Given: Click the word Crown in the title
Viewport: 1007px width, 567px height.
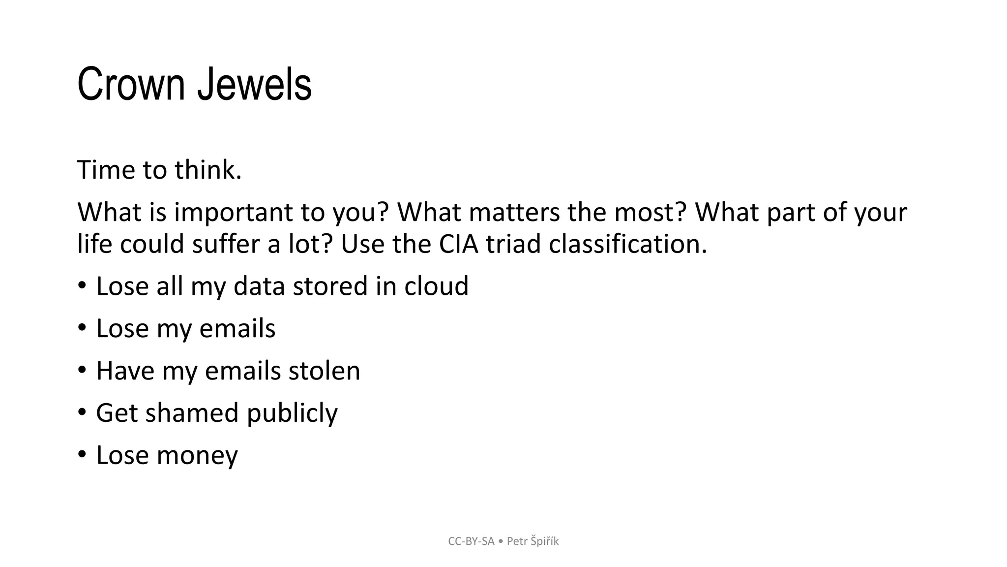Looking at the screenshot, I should (131, 85).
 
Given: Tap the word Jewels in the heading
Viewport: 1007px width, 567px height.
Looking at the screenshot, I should (254, 85).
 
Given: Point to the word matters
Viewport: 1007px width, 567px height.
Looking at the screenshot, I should (514, 213).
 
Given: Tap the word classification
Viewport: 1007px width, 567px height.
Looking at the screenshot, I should (628, 244).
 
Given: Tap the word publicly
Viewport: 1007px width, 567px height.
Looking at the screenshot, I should (292, 414).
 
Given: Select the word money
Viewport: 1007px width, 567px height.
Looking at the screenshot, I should (197, 456).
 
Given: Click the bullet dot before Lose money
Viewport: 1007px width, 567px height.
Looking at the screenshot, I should (82, 454).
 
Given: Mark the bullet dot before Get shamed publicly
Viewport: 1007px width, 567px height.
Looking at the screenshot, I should (82, 411).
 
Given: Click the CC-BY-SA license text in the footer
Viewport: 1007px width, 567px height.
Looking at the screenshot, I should (471, 541).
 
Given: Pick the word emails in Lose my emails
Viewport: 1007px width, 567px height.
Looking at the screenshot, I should (237, 329).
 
